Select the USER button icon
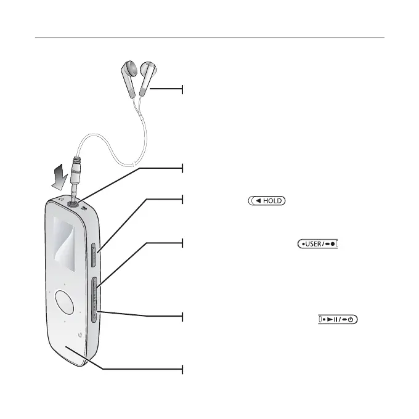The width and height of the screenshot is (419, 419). pyautogui.click(x=319, y=244)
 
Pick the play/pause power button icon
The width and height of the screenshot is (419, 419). pyautogui.click(x=339, y=319)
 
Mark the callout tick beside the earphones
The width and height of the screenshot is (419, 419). pyautogui.click(x=183, y=90)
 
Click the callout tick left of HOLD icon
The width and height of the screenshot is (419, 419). pyautogui.click(x=183, y=200)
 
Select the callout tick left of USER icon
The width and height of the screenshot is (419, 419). pyautogui.click(x=183, y=243)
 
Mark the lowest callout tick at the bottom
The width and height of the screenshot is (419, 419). pyautogui.click(x=183, y=369)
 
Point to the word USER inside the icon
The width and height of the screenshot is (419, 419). pyautogui.click(x=315, y=244)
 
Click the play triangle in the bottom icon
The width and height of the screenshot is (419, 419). pyautogui.click(x=331, y=319)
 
